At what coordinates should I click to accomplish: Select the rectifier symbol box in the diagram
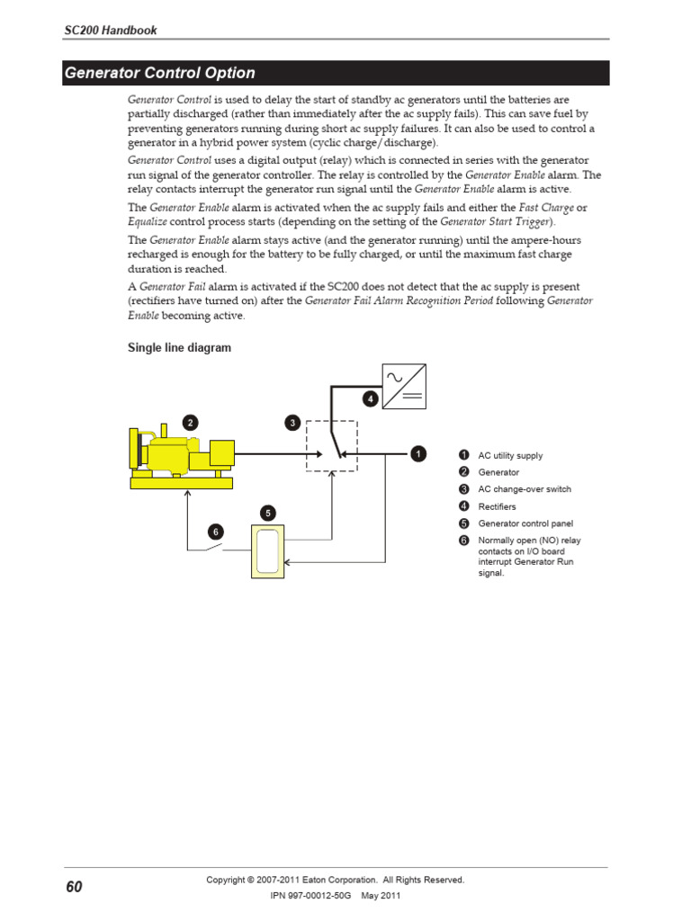[404, 386]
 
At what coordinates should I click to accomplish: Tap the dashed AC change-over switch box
[331, 445]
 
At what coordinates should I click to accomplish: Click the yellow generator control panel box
[267, 550]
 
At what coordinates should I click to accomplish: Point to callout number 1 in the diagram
[418, 454]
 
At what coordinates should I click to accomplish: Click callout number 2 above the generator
[189, 422]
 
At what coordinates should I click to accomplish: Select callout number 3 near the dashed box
[292, 422]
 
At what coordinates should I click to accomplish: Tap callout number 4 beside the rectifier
[370, 398]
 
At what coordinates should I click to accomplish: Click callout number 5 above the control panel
[267, 513]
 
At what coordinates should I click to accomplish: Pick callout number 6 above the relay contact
[216, 532]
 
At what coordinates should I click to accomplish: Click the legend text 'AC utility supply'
[510, 456]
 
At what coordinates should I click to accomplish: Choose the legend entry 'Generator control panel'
[525, 523]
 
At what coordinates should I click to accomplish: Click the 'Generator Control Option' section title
[159, 74]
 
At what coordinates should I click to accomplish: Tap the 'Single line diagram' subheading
[179, 348]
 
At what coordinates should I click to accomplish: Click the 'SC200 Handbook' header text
[110, 31]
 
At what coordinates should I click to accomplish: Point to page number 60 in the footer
[74, 888]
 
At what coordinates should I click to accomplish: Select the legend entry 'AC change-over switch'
[525, 489]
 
